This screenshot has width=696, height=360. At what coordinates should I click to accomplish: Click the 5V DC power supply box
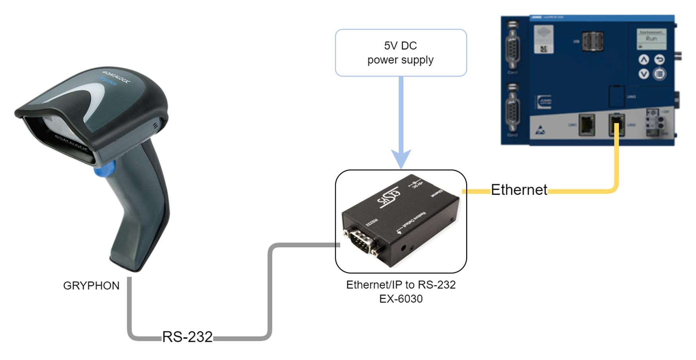(401, 53)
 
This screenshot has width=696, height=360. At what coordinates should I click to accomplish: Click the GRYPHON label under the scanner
(91, 286)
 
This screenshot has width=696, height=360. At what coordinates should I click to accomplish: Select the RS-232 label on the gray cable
(187, 337)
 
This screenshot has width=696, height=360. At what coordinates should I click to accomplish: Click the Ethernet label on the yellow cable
(519, 190)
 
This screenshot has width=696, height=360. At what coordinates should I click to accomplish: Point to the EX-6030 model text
(401, 299)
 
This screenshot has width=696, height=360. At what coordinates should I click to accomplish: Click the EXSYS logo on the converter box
(389, 197)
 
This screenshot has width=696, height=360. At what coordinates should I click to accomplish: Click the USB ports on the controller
(592, 41)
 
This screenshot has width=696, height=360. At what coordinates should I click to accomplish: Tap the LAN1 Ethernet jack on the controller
(587, 125)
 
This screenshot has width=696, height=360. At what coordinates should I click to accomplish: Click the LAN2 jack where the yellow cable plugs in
(616, 125)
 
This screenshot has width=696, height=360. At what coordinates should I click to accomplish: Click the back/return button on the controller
(659, 60)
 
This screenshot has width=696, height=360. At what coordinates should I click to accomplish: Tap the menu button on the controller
(659, 74)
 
